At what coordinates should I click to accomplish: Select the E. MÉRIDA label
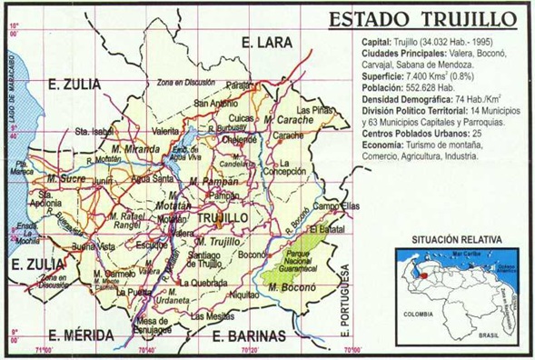[79, 333]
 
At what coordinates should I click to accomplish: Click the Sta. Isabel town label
[94, 131]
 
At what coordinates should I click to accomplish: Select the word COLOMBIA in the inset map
[415, 315]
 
